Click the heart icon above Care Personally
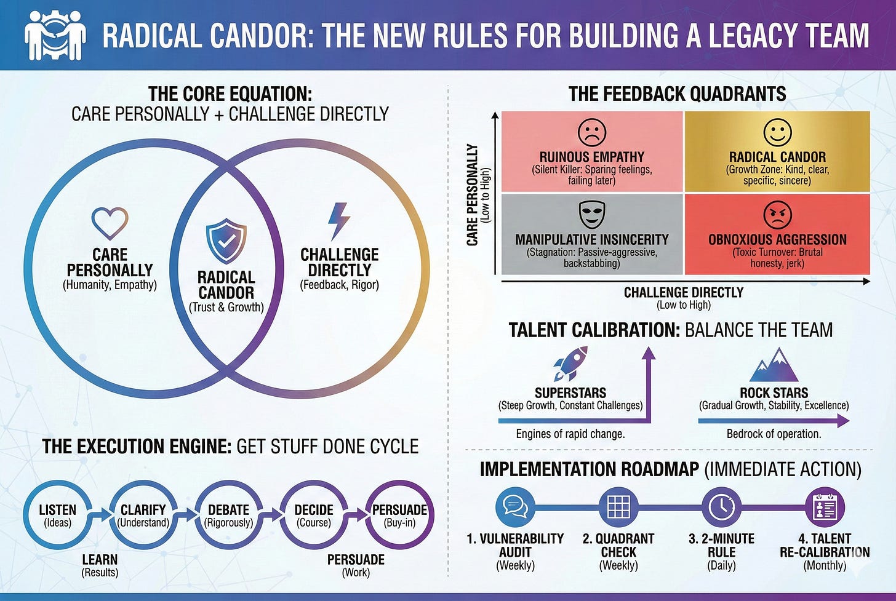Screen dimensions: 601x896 point(110,223)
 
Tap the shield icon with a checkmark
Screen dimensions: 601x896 point(226,241)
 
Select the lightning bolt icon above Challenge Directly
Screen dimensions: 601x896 point(338,221)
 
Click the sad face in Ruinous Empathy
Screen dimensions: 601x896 point(592,132)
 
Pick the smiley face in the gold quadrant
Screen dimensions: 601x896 point(777,132)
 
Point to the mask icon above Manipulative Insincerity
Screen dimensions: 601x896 point(592,215)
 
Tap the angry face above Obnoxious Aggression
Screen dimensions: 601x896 point(777,215)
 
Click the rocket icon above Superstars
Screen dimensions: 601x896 point(570,364)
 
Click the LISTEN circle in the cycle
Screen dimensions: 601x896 point(57,515)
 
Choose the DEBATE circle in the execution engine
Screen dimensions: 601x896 point(228,515)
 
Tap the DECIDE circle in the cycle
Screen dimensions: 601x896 point(314,515)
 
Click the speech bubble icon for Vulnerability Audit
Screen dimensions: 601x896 point(514,506)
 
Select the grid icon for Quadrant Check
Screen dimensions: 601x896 point(618,506)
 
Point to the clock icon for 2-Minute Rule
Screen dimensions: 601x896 point(721,506)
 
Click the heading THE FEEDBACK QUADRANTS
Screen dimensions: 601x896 point(677,94)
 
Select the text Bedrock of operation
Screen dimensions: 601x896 point(774,434)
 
